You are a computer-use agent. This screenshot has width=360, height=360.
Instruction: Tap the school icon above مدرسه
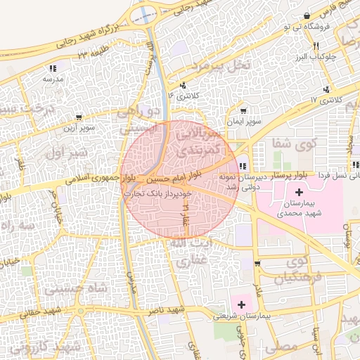coord(52,68)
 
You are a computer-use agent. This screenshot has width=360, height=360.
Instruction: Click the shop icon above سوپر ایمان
coord(243,111)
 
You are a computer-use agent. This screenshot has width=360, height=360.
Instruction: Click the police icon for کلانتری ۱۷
coord(326,89)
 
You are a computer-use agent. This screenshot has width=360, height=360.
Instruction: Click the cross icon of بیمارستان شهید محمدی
coord(299,191)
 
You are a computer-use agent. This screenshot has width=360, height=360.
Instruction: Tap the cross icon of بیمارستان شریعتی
coord(242,304)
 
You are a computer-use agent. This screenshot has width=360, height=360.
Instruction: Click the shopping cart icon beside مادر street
coord(258,263)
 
